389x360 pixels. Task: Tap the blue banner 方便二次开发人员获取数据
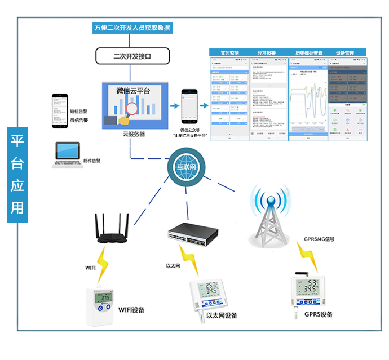coord(132,28)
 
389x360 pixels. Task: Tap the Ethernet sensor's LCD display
coord(211,291)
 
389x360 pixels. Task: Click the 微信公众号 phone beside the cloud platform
coord(189,107)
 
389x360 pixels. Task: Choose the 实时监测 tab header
coord(230,53)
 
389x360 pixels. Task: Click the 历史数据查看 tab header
coord(308,53)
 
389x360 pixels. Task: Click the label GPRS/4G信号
coord(319,239)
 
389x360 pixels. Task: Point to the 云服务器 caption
coord(134,134)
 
